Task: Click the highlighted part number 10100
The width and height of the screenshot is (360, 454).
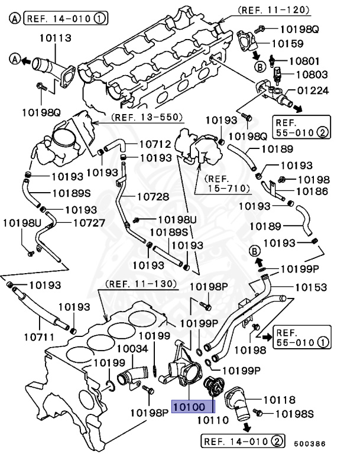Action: click(193, 407)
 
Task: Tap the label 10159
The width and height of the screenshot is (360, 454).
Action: click(288, 43)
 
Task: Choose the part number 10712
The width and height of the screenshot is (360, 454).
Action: click(155, 144)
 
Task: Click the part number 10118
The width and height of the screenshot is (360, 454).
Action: click(278, 400)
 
